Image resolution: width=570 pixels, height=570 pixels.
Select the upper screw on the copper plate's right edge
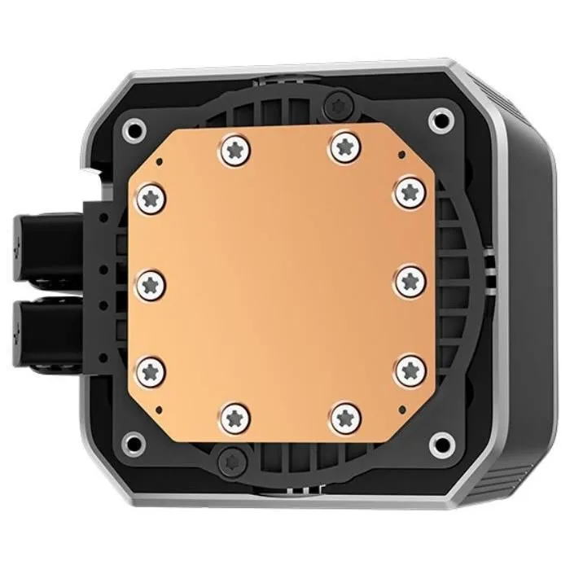pos(408,192)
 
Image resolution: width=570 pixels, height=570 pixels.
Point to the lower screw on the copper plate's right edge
pos(408,370)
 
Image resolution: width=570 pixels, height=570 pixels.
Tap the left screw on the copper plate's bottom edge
pos(235,414)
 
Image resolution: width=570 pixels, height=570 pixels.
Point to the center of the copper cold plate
pos(281,281)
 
